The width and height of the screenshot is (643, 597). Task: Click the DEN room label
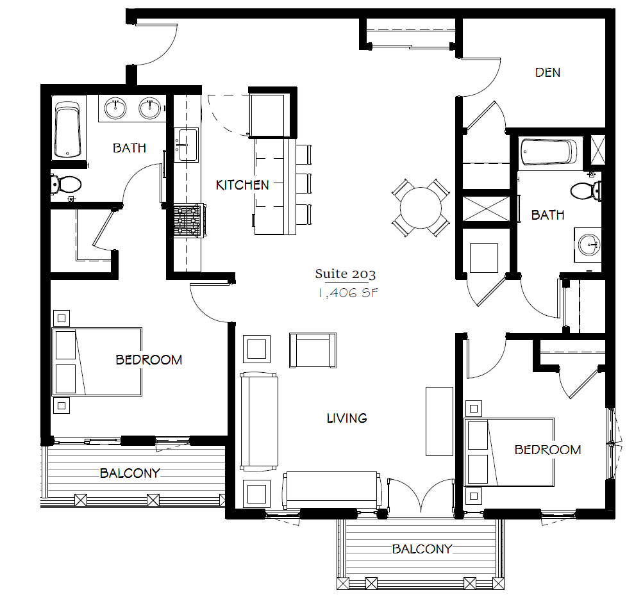547,72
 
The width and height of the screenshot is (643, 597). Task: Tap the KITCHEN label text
242,185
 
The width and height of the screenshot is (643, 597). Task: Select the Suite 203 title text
345,274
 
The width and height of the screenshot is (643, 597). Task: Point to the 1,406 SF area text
345,293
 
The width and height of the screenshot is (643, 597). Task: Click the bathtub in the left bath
68,129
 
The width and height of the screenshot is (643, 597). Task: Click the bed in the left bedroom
97,361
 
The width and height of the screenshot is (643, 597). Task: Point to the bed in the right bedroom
510,452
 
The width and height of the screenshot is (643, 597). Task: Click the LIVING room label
347,418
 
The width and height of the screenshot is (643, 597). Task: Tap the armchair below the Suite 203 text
313,350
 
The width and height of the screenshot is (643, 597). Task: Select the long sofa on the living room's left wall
259,421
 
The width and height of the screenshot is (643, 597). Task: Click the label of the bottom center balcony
422,549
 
